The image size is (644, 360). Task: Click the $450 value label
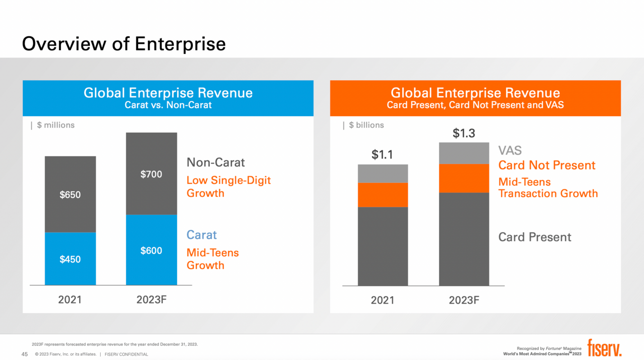click(70, 259)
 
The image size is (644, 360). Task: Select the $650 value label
click(70, 194)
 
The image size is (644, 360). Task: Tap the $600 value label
click(151, 251)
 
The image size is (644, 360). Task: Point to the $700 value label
click(151, 175)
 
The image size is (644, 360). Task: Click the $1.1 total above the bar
click(382, 155)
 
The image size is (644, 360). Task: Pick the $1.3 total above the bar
click(464, 134)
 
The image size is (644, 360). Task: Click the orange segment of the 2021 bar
click(383, 195)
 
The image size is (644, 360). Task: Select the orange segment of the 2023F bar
click(464, 179)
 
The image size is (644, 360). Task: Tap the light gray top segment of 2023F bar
click(464, 154)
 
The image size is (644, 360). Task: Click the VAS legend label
click(510, 151)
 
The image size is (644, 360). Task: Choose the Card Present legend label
click(535, 237)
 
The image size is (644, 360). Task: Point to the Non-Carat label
click(216, 162)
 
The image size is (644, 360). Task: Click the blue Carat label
click(202, 235)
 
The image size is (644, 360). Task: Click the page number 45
click(24, 354)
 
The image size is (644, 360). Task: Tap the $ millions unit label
click(55, 125)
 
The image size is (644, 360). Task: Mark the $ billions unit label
click(366, 125)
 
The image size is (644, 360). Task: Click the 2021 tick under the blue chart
click(70, 300)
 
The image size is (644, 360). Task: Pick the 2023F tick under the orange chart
click(464, 300)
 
